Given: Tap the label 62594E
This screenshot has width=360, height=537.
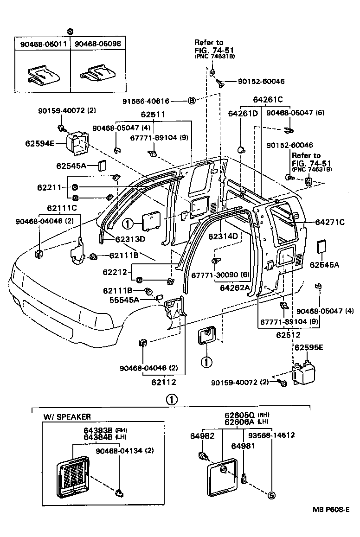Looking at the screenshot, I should point(39,144).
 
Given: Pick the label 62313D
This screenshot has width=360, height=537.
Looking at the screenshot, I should point(130,239).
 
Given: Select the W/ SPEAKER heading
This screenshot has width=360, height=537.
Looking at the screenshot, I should point(67,416).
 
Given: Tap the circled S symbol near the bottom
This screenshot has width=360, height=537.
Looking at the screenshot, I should point(272,495).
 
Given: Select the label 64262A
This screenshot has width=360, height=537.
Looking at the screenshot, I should point(235,288).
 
